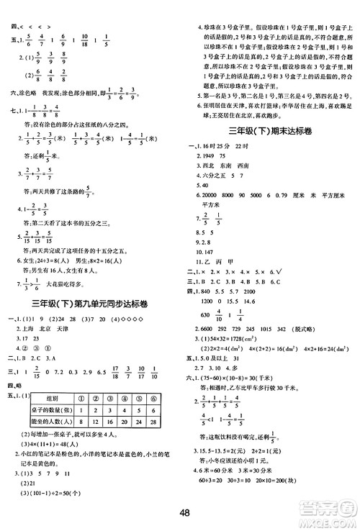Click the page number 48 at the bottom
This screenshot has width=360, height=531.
coord(185,512)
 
